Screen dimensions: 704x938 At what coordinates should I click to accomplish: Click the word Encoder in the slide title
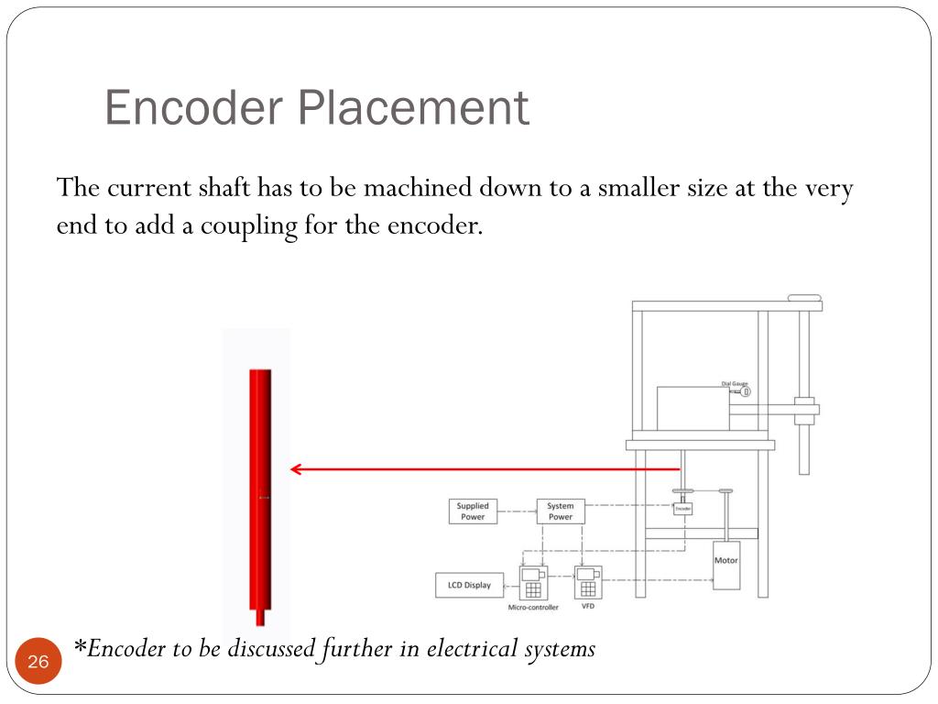pos(195,108)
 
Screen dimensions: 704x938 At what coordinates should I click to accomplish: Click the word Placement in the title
pos(413,108)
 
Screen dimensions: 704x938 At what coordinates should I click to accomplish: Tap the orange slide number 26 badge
pos(38,662)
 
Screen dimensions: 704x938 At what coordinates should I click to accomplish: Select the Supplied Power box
pos(473,511)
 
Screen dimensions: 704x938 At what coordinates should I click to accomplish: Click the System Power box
pos(561,511)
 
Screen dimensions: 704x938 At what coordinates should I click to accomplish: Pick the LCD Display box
pos(469,585)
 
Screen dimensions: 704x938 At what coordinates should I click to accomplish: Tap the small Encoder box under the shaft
pos(683,509)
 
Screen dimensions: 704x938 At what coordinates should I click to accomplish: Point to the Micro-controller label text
pos(532,607)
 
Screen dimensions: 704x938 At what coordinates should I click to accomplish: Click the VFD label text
pos(588,606)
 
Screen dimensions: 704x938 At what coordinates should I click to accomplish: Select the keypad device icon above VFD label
pos(587,581)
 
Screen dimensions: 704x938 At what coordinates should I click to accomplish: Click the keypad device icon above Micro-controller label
pos(532,582)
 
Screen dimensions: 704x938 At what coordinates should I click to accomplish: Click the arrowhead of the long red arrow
pos(295,469)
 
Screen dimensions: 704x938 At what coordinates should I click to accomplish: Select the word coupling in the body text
pos(257,225)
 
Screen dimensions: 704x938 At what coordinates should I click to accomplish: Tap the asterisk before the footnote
pos(80,646)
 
